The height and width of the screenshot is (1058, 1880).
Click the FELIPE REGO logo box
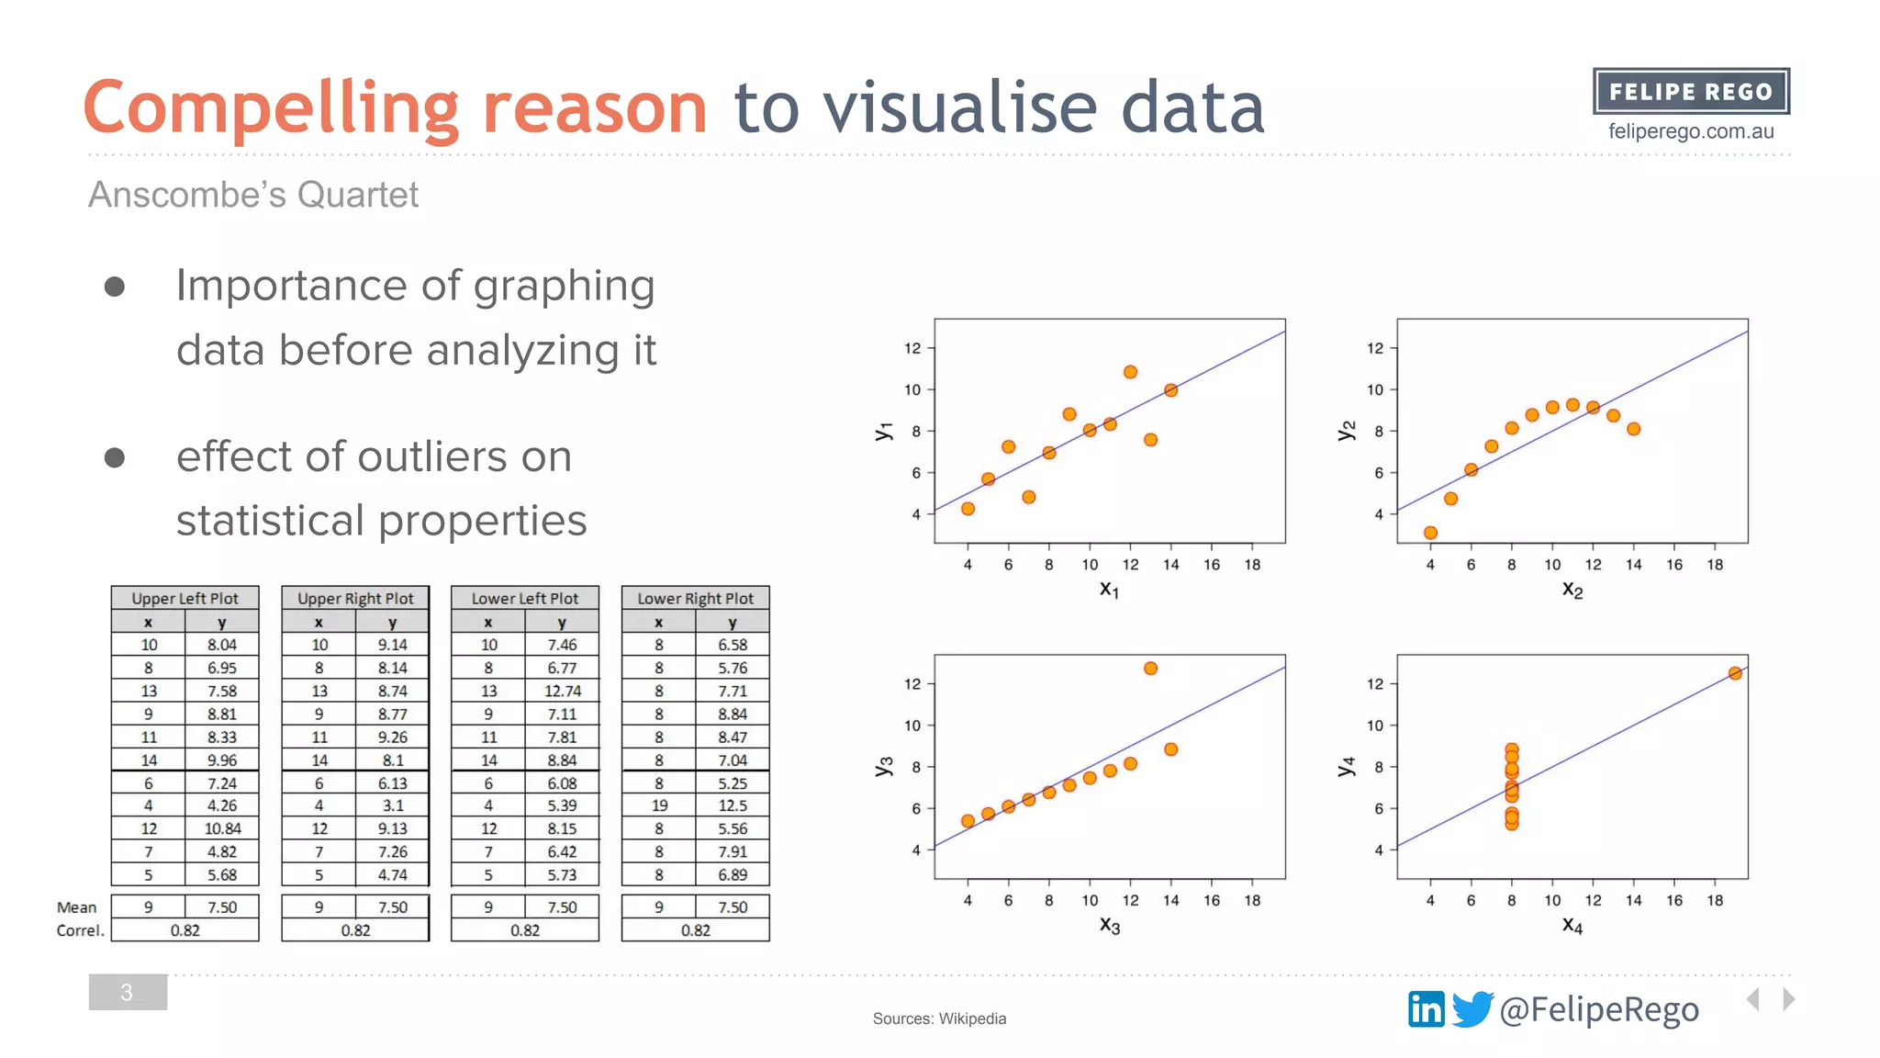[1690, 92]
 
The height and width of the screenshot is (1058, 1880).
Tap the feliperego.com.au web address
[1690, 131]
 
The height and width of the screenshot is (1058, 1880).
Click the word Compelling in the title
[271, 108]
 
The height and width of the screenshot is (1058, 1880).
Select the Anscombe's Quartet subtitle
[253, 195]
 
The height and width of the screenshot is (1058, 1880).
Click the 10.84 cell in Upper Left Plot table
[222, 828]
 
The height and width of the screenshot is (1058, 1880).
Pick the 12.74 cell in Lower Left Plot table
[562, 691]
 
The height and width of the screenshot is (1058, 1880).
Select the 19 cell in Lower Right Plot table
[659, 805]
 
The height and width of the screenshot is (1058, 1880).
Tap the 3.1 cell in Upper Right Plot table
[393, 805]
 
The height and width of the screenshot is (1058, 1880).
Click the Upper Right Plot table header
[355, 598]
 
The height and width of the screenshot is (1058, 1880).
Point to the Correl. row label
[80, 930]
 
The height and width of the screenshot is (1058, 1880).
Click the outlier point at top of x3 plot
[1150, 669]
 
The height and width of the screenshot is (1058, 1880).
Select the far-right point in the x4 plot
[1735, 673]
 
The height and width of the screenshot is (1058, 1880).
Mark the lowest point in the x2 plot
[1430, 533]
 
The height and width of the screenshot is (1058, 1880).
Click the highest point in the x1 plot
[1130, 372]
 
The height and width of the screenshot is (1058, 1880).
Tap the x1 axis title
[1109, 590]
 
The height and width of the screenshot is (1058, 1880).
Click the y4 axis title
[1346, 766]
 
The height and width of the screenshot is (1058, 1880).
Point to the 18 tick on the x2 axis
[1715, 565]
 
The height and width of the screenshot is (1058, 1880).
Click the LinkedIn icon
[1426, 1009]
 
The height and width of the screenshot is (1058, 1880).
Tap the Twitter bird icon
[1472, 1009]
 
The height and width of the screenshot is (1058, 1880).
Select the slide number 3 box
[128, 992]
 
